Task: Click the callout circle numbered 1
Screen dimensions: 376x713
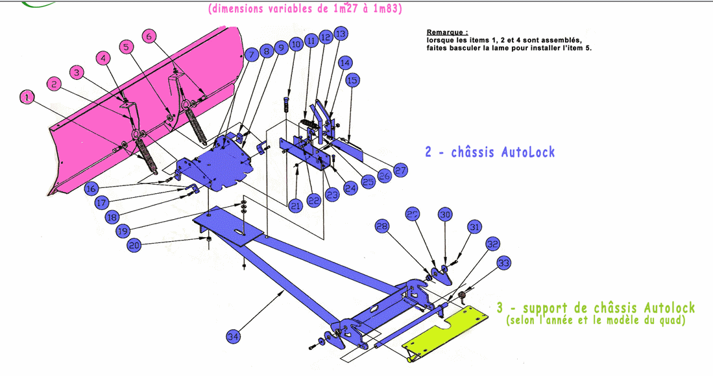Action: click(x=27, y=97)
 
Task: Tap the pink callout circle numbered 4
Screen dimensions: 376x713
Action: click(x=103, y=58)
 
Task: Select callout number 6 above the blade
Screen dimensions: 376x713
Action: click(x=149, y=36)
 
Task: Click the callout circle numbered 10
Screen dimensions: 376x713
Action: click(x=296, y=44)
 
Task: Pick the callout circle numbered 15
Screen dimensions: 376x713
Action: click(x=352, y=80)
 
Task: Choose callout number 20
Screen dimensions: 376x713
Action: click(x=134, y=245)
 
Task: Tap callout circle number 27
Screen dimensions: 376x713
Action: click(x=400, y=170)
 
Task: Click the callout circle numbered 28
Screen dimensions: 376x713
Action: click(x=382, y=226)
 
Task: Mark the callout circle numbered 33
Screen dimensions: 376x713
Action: click(x=504, y=263)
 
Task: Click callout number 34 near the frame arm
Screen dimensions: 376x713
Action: click(x=234, y=336)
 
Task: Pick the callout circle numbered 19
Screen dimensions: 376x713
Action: click(x=124, y=231)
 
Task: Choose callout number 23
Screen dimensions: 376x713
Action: click(x=332, y=193)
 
